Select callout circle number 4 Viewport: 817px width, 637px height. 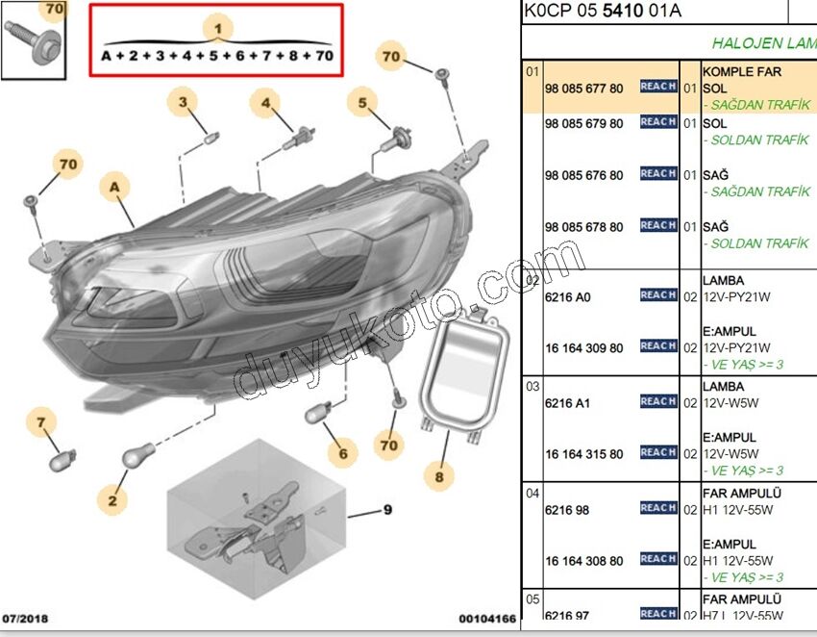266,104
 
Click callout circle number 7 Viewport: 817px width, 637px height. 41,421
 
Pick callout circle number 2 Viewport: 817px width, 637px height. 111,499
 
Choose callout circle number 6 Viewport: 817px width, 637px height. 341,451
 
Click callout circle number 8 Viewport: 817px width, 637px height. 438,475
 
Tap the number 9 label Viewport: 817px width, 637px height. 387,510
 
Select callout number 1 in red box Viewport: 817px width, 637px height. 218,29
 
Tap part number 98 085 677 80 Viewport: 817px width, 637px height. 583,89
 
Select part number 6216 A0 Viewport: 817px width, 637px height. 567,297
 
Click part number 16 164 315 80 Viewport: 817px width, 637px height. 583,454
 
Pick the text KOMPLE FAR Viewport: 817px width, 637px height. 742,72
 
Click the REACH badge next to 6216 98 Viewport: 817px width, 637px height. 658,508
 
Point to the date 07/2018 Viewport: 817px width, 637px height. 25,617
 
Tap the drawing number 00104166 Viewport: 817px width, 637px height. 487,618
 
